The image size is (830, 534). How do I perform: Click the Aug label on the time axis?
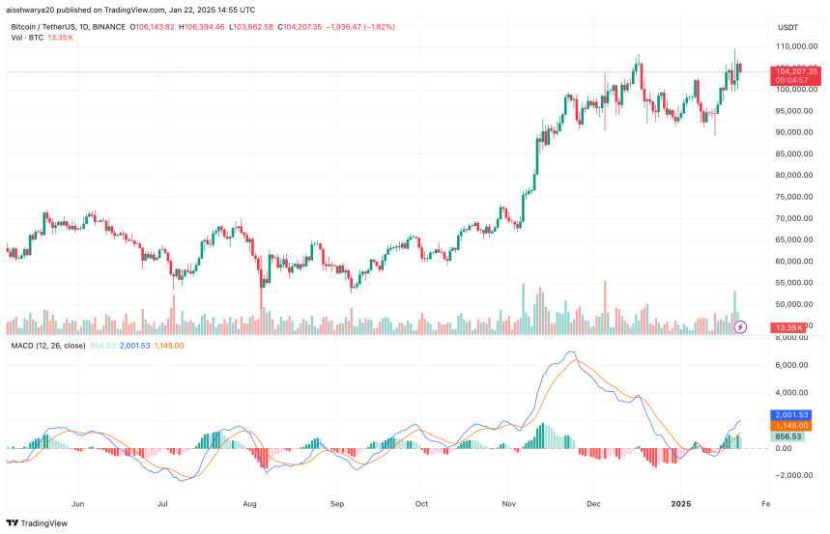249,503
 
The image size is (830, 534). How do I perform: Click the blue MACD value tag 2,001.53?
791,414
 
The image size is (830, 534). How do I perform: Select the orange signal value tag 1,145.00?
791,425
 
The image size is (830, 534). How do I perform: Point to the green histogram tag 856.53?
791,436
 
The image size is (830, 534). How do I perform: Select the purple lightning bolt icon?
741,327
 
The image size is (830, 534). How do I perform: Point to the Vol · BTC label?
29,38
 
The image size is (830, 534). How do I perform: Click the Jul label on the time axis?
162,503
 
